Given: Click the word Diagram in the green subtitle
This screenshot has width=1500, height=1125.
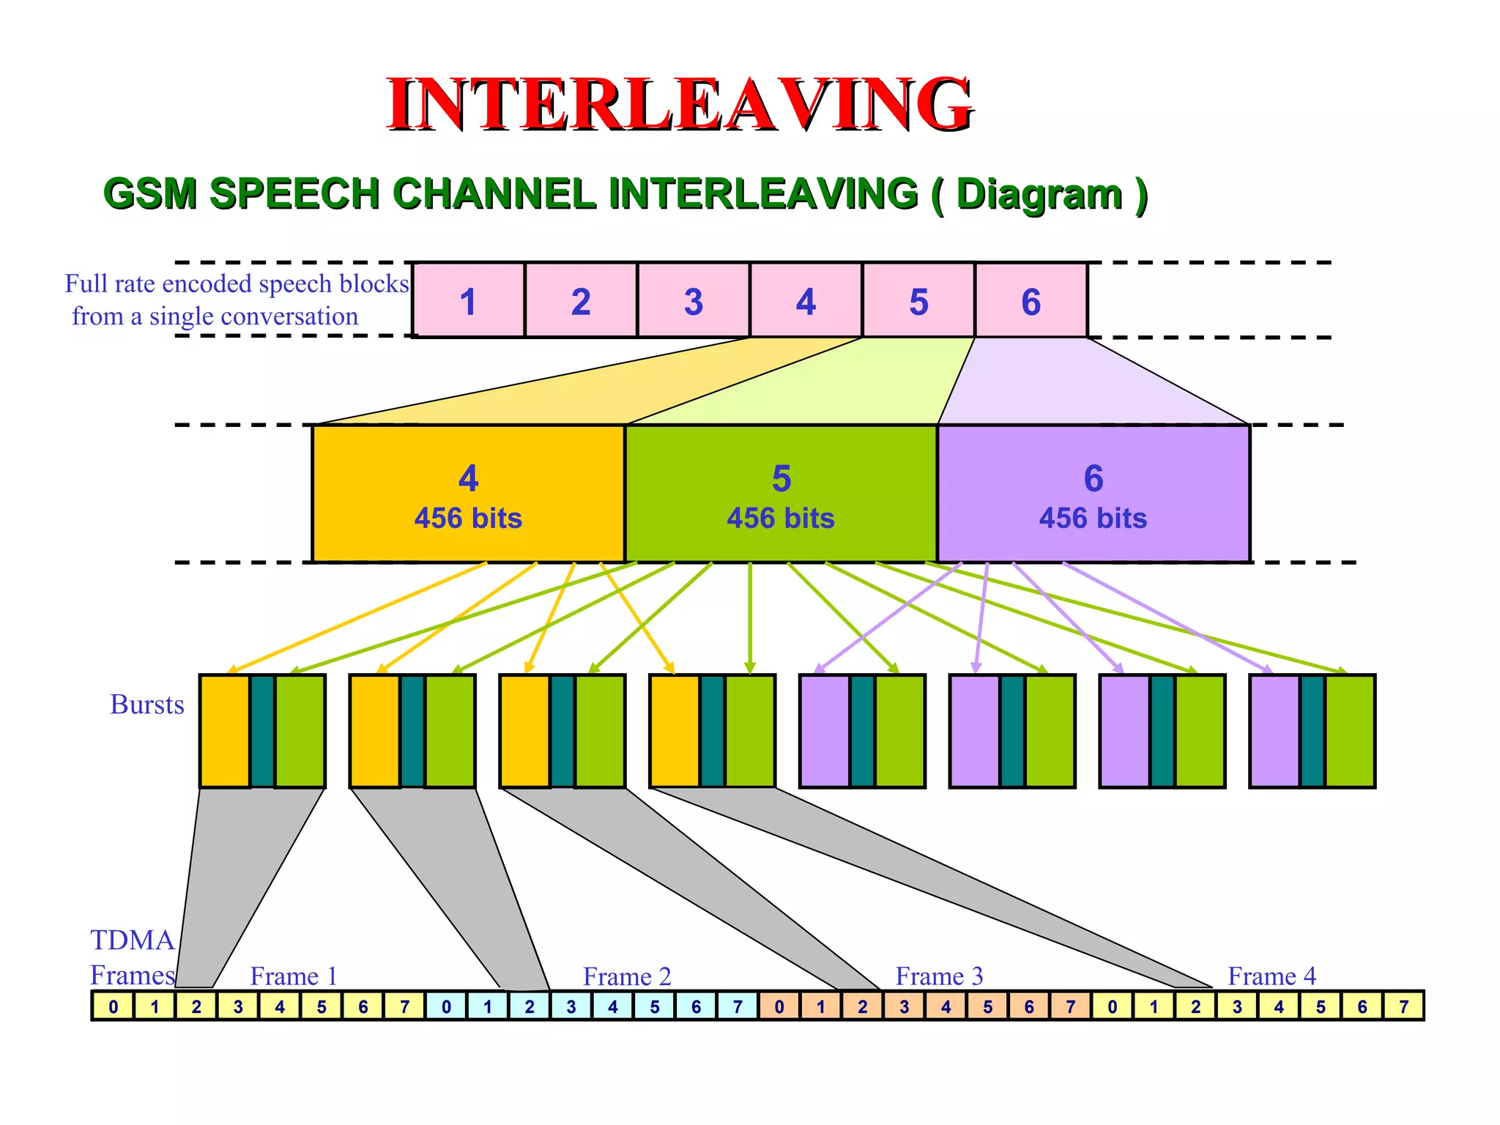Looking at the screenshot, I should click(x=1039, y=194).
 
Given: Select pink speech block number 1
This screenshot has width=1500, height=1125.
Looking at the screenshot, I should click(x=468, y=301).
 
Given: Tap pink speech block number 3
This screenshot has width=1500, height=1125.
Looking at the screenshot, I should click(x=693, y=301).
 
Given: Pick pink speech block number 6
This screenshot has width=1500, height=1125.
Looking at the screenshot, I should click(x=1031, y=301).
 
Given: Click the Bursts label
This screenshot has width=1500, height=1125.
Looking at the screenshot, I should click(x=147, y=705).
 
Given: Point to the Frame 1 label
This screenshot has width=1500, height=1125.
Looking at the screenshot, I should click(x=294, y=976).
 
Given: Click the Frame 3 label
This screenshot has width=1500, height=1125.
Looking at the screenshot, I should click(x=939, y=976).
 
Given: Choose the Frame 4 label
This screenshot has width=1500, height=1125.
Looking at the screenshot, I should click(x=1271, y=976).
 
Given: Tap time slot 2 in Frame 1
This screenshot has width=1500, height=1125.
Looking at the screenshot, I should click(x=196, y=1006).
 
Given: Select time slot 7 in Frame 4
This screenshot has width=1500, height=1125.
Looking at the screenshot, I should click(x=1403, y=1006).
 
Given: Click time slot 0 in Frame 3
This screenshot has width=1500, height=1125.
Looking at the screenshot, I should click(x=779, y=1006).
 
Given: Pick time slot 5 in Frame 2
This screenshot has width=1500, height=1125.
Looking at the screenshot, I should click(x=654, y=1006).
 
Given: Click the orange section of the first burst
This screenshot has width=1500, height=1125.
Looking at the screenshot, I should click(x=225, y=731).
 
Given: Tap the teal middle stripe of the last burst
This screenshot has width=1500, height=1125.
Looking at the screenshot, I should click(x=1312, y=731).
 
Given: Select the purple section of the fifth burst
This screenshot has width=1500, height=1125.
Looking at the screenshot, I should click(x=825, y=731).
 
